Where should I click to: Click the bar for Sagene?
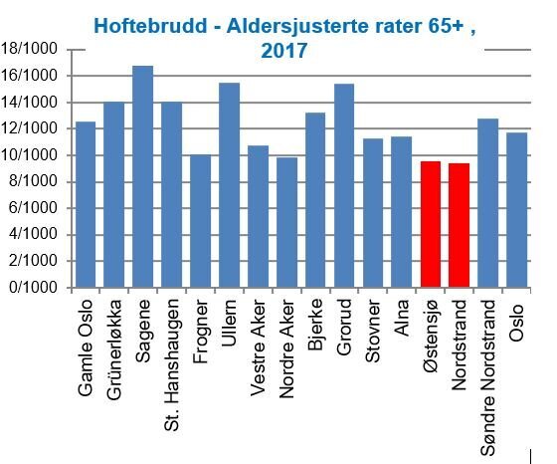tap(142, 176)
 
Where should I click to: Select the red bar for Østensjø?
tap(430, 224)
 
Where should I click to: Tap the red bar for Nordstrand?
tap(459, 225)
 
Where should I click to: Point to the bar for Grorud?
tap(344, 185)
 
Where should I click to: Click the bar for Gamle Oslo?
tap(86, 204)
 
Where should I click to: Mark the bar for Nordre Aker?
tap(286, 222)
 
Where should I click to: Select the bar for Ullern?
tap(229, 185)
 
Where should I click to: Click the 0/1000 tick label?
tap(32, 288)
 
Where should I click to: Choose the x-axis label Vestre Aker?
tap(259, 348)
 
